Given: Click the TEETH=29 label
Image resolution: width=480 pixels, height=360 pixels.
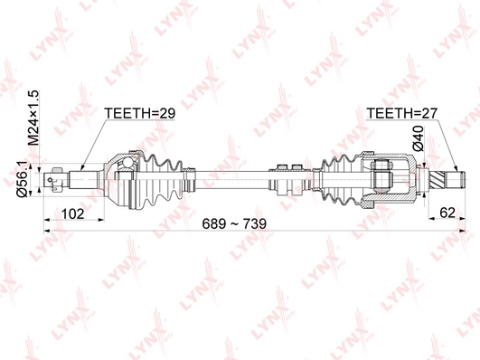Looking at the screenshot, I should click(139, 114).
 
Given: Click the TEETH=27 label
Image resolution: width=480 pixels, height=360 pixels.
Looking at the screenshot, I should click(400, 114).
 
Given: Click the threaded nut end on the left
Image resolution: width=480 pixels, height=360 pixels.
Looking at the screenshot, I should click(57, 177).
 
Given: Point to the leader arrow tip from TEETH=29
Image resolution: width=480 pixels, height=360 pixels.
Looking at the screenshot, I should click(82, 169).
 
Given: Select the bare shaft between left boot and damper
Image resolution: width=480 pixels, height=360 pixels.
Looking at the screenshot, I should click(231, 176).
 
